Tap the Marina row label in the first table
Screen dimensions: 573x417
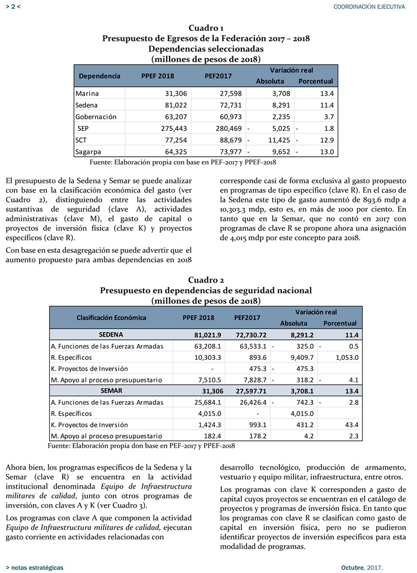point(87,93)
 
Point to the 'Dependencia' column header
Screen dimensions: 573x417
point(99,76)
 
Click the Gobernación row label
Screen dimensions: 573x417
point(96,117)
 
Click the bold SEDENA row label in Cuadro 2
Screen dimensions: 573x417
point(111,335)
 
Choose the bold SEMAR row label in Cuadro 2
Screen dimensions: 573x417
point(111,390)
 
